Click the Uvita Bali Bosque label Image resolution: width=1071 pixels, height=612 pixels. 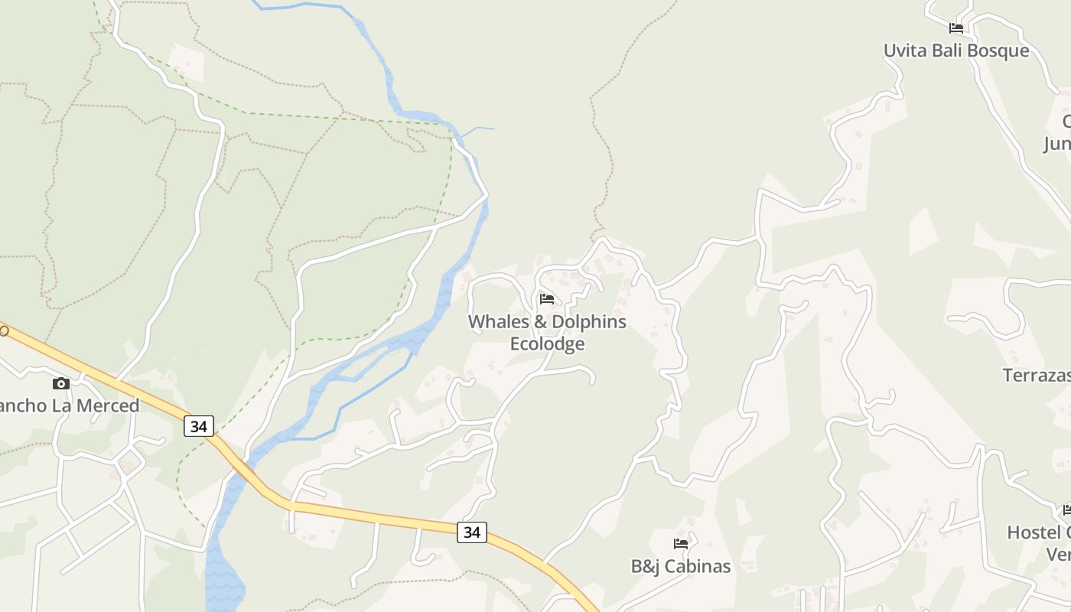pyautogui.click(x=955, y=50)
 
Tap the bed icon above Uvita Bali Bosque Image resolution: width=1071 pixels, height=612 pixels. pyautogui.click(x=955, y=28)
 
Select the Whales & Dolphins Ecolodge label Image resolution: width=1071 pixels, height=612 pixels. pyautogui.click(x=547, y=333)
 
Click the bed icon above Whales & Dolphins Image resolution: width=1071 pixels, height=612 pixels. pyautogui.click(x=546, y=298)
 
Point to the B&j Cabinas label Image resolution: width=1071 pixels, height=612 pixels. pyautogui.click(x=680, y=566)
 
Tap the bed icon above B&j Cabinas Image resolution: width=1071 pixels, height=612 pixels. pyautogui.click(x=680, y=544)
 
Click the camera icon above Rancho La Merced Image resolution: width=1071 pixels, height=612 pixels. pyautogui.click(x=60, y=383)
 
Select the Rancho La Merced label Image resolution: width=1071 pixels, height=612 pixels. pyautogui.click(x=69, y=405)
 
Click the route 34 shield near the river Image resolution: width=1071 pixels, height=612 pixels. pyautogui.click(x=198, y=426)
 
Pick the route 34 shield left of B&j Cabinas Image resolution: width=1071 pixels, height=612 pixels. pyautogui.click(x=471, y=532)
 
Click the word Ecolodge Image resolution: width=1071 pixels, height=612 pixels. pyautogui.click(x=547, y=344)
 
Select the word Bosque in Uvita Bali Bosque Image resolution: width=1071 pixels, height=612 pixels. pyautogui.click(x=995, y=50)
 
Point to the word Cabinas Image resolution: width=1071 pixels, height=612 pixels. pyautogui.click(x=698, y=566)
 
